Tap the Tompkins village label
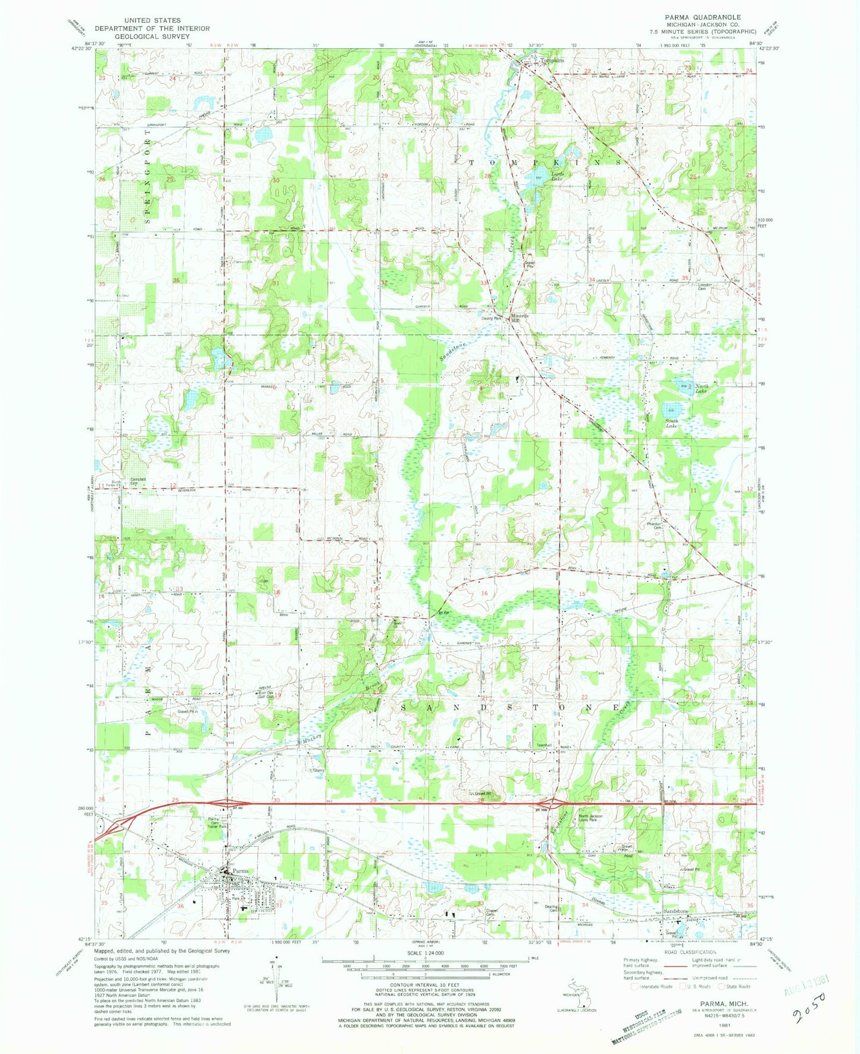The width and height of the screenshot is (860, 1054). point(551,60)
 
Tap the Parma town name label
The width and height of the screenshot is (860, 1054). point(240,870)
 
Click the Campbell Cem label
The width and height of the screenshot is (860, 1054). point(138,481)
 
